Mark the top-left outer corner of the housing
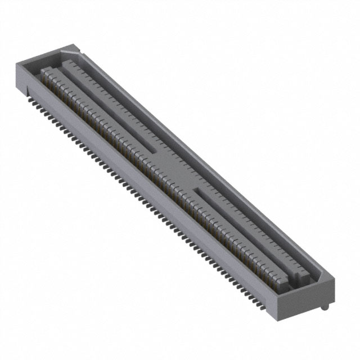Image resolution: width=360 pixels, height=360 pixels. (x=15, y=62)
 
